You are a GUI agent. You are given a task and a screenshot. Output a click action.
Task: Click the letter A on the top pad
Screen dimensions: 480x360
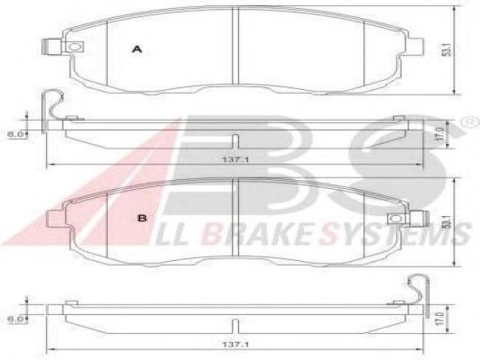pyautogui.click(x=136, y=49)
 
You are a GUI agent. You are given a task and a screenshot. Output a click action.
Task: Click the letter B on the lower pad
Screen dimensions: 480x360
pyautogui.click(x=142, y=218)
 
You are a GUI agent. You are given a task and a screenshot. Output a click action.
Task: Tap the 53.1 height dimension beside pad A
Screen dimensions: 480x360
pyautogui.click(x=447, y=50)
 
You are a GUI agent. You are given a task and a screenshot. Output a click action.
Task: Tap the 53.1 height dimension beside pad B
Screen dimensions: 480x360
pyautogui.click(x=447, y=221)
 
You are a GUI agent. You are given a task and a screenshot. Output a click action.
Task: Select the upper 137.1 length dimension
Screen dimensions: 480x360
pyautogui.click(x=235, y=160)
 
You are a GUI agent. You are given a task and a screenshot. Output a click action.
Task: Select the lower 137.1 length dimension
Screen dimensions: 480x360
pyautogui.click(x=235, y=345)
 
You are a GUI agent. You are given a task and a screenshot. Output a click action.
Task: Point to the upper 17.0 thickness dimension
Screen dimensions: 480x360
pyautogui.click(x=440, y=134)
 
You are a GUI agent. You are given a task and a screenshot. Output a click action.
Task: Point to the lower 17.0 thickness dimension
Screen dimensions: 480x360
pyautogui.click(x=440, y=319)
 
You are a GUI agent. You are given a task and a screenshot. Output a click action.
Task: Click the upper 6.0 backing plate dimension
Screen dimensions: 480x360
pyautogui.click(x=16, y=134)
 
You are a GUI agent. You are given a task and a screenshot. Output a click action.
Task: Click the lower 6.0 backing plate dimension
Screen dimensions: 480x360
pyautogui.click(x=16, y=319)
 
